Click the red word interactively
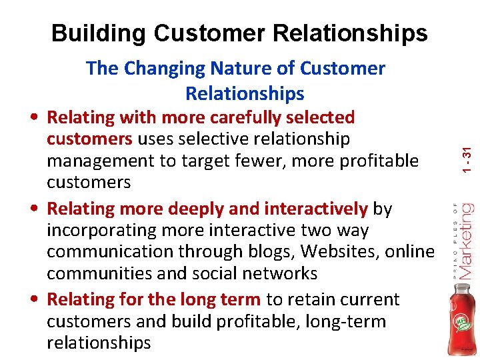[x=315, y=209]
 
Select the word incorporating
[x=98, y=230]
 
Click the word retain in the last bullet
[x=308, y=300]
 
